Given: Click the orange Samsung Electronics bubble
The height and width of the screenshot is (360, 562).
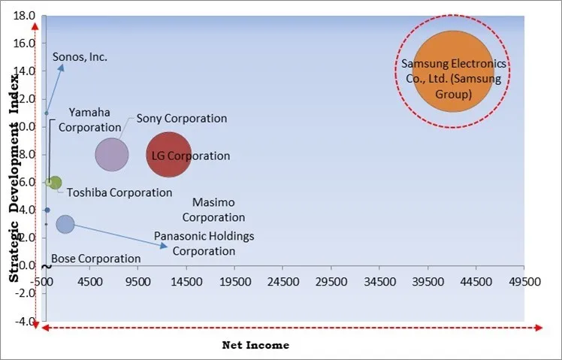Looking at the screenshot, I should coord(453,71).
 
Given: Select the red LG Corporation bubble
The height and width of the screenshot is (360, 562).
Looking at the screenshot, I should coord(168,156).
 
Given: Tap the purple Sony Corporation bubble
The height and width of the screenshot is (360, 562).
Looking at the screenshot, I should coord(112,155).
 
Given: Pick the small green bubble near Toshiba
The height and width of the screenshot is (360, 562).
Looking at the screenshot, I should coord(55,183).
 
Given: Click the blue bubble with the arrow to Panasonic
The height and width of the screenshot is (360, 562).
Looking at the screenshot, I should coord(65,224).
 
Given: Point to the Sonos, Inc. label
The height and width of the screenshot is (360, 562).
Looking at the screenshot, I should coord(80,56).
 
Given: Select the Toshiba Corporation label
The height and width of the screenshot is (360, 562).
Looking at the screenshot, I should coord(119,192).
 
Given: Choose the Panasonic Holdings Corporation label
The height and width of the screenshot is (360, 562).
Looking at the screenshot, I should coord(204,244).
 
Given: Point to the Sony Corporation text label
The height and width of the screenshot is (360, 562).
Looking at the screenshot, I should coord(181,118).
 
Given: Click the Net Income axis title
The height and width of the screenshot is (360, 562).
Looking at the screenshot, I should coord(255,345).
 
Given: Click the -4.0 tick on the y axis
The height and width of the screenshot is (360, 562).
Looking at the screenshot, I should coord(25,322).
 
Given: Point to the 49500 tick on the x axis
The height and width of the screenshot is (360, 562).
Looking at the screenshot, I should coord(524,283).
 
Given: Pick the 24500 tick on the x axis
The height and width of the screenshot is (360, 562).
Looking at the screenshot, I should coord(282,283).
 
